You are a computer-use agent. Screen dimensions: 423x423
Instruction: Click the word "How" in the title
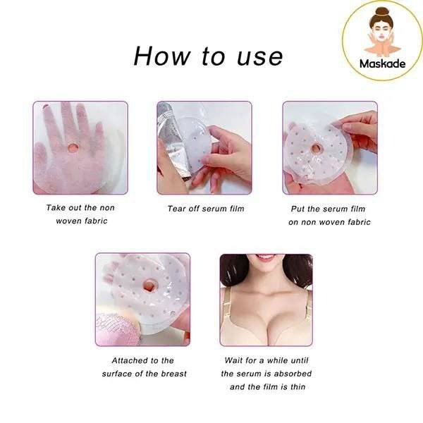(161, 56)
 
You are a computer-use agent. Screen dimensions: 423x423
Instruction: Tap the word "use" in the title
(259, 58)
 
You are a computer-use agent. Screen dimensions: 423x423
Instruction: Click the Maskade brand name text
(382, 64)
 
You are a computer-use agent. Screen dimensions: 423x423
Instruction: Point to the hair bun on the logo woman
(382, 11)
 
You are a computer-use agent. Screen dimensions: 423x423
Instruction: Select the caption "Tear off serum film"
(206, 209)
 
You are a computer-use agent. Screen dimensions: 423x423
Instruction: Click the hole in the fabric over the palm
(73, 147)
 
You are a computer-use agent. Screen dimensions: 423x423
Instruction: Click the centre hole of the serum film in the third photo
(316, 148)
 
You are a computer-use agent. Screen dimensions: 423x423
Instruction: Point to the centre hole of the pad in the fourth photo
(149, 286)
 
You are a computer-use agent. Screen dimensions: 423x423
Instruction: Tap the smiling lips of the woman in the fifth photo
(266, 257)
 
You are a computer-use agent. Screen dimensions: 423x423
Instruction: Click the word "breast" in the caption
(173, 374)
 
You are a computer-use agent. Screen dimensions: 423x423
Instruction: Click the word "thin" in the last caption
(298, 387)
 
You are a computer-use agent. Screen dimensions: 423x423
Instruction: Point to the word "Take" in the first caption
(56, 207)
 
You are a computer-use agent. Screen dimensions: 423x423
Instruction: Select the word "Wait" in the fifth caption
(233, 360)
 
